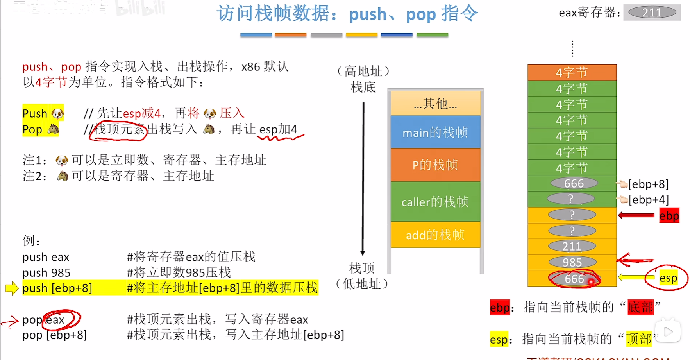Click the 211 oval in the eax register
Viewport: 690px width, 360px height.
coord(652,13)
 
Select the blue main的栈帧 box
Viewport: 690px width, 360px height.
coord(435,133)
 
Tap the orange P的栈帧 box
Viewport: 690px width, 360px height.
coord(435,165)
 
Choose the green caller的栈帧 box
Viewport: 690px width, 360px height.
coord(435,202)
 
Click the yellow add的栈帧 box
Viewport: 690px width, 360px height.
coord(435,235)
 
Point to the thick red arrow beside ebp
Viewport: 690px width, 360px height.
coord(636,215)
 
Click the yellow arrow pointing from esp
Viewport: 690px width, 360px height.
coord(636,278)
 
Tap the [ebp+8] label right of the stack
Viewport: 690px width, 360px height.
coord(649,184)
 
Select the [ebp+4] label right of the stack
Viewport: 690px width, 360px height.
coord(649,200)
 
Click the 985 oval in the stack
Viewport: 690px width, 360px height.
coord(572,262)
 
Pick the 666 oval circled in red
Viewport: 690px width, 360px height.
coord(574,279)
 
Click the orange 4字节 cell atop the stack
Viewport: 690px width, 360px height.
coord(572,72)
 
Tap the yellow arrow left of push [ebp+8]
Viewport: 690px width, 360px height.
coord(12,288)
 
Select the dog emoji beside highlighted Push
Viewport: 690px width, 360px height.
coord(57,114)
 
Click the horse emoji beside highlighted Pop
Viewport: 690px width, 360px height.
coord(53,129)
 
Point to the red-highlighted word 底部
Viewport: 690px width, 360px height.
coord(640,307)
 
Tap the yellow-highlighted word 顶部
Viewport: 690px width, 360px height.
coord(639,339)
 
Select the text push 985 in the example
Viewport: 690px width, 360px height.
coord(46,272)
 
